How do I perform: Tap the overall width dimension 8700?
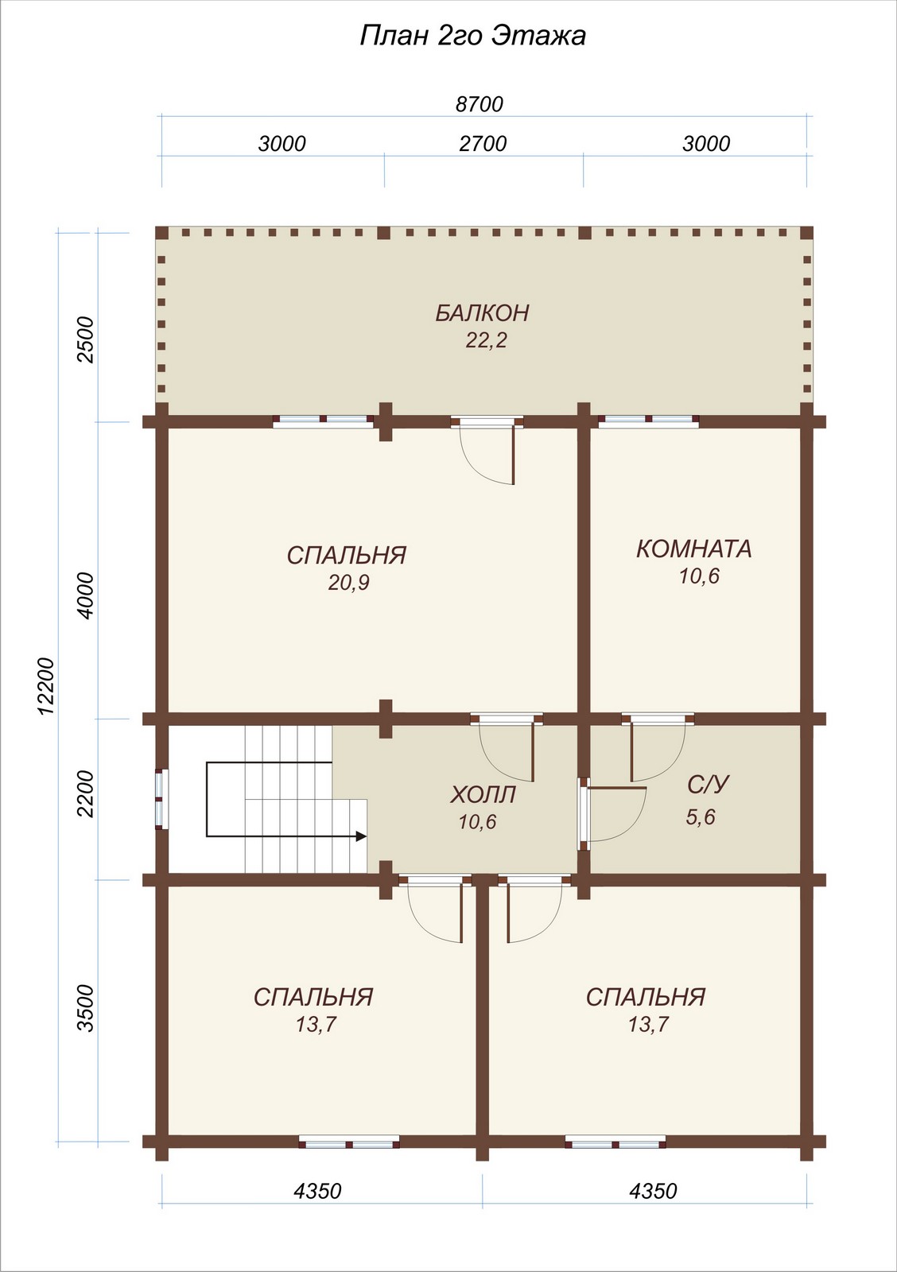click(x=480, y=104)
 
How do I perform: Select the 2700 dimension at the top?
click(x=483, y=144)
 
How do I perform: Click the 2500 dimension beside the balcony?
click(x=87, y=340)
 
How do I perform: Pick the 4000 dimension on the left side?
click(x=87, y=595)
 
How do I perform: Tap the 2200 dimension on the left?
click(x=87, y=793)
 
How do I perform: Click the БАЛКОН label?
click(x=483, y=313)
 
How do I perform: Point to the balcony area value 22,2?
click(x=487, y=340)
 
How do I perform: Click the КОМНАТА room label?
click(x=693, y=549)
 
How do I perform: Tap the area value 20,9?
click(x=349, y=583)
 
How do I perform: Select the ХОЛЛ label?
click(x=483, y=795)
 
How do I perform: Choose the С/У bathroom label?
click(x=707, y=785)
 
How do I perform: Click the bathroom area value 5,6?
click(x=701, y=817)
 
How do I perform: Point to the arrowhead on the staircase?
click(x=360, y=836)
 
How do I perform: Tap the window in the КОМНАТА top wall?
click(x=648, y=421)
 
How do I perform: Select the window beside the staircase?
click(x=162, y=798)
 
